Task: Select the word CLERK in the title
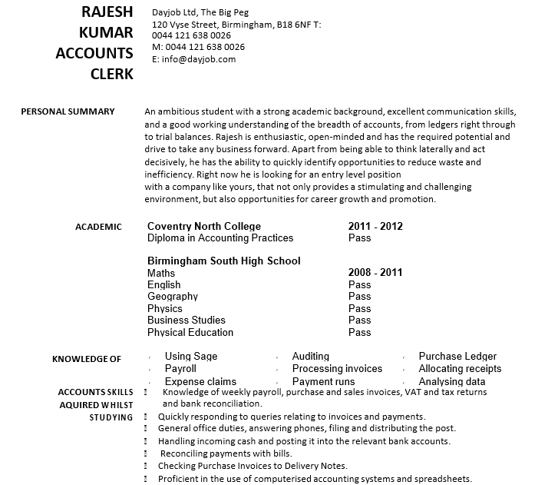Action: click(x=111, y=74)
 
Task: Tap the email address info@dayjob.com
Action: click(x=194, y=59)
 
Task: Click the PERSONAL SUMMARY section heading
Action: click(x=68, y=111)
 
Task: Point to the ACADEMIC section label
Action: click(x=98, y=227)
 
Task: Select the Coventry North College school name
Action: click(x=204, y=226)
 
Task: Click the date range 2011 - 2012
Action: click(x=375, y=226)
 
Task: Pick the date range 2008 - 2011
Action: click(x=375, y=272)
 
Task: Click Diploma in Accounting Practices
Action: click(x=220, y=238)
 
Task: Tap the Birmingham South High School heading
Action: click(x=224, y=261)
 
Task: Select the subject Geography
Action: click(x=173, y=296)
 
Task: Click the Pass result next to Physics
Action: click(x=359, y=308)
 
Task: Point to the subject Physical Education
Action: click(x=190, y=332)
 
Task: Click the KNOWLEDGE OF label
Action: click(x=87, y=359)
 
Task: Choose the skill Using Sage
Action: click(x=191, y=356)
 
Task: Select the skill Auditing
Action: click(x=311, y=356)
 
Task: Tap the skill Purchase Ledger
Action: click(x=457, y=356)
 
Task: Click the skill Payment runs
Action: click(x=323, y=381)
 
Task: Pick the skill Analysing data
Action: click(x=452, y=381)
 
